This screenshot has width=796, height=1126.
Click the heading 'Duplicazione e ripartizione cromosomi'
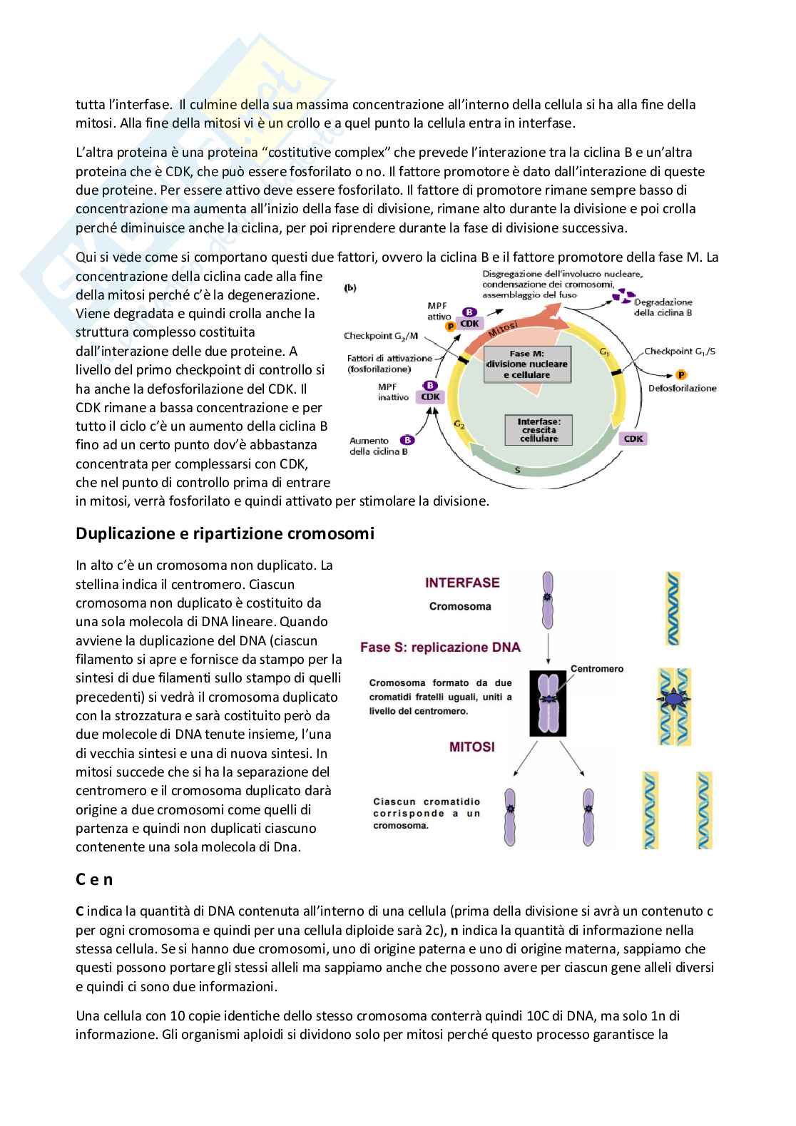[x=225, y=534]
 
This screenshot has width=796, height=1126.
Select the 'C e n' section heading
[x=94, y=879]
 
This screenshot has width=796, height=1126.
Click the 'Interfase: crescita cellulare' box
[x=539, y=430]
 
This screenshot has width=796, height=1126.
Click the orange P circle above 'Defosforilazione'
[x=681, y=375]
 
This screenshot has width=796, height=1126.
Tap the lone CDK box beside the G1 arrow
[x=633, y=439]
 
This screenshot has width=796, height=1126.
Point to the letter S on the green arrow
[x=517, y=471]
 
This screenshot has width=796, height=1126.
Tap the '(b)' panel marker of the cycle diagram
[x=350, y=288]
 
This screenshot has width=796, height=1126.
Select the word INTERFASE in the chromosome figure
[x=462, y=583]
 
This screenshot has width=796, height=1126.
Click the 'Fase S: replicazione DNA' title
[x=440, y=648]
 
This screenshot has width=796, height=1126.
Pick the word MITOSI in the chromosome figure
[x=471, y=747]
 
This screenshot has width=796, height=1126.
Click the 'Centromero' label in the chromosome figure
[x=597, y=669]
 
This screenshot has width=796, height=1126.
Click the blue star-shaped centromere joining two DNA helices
[x=673, y=702]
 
